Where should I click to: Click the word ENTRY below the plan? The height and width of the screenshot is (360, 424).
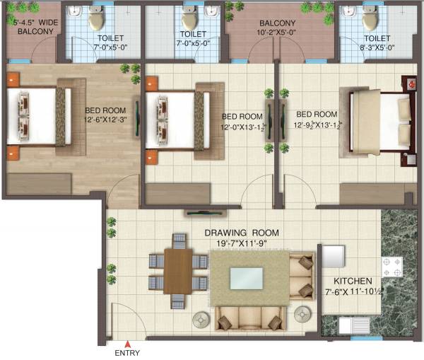pyautogui.click(x=127, y=354)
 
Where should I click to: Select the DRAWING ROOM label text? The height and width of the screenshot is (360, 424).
pyautogui.click(x=242, y=233)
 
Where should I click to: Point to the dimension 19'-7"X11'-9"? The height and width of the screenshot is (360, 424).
pyautogui.click(x=242, y=243)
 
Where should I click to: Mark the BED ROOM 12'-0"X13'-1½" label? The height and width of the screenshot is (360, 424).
pyautogui.click(x=243, y=121)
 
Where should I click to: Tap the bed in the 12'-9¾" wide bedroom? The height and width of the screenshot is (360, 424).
pyautogui.click(x=382, y=122)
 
